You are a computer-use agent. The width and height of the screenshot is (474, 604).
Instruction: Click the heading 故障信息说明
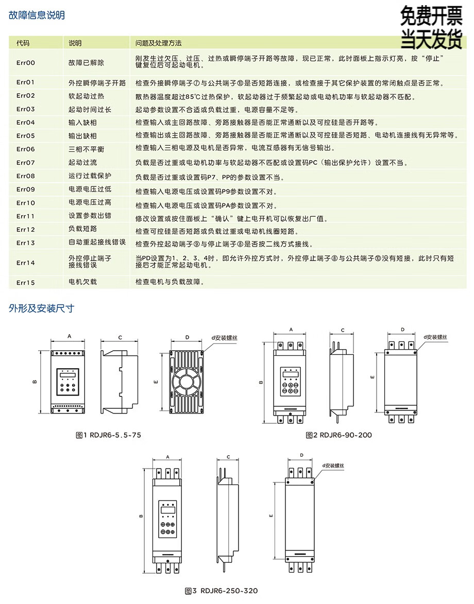(x=37, y=15)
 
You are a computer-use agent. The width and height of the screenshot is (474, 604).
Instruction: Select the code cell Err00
(x=26, y=63)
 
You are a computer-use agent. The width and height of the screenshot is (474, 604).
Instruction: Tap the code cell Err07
(x=26, y=163)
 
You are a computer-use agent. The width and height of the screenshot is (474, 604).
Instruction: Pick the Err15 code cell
(x=26, y=282)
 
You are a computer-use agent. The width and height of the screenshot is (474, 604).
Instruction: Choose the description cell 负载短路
(x=82, y=229)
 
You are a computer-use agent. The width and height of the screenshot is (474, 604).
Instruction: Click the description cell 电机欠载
(x=82, y=282)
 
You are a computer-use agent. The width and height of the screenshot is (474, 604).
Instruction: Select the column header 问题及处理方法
(x=159, y=43)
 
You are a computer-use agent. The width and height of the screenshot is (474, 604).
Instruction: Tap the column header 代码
(x=23, y=43)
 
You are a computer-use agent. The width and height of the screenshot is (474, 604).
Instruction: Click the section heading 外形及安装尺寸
(x=42, y=308)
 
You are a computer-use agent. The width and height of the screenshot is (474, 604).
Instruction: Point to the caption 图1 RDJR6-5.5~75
(x=108, y=435)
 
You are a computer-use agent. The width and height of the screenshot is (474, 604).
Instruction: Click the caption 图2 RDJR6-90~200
(x=338, y=435)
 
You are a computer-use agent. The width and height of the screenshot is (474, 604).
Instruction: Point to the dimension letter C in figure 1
(x=120, y=338)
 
